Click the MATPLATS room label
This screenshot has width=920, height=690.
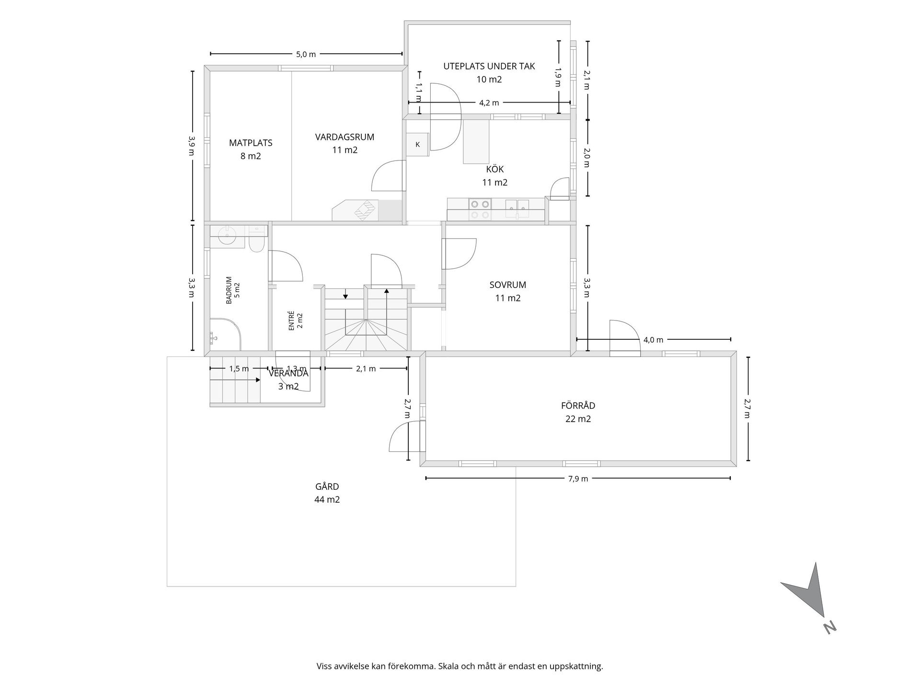point(251,143)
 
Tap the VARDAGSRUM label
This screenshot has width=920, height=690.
point(345,137)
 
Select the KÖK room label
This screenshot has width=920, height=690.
point(495,169)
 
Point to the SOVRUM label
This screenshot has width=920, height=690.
point(508,285)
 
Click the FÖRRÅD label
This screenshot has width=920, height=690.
point(578,405)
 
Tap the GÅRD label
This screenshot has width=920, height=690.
point(327,486)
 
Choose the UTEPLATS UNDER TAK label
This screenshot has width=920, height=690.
point(489,67)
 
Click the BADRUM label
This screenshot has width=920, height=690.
point(229,290)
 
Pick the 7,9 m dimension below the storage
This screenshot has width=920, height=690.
point(578,478)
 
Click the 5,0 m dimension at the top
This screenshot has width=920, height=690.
point(306,54)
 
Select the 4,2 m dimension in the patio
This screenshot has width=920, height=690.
point(489,103)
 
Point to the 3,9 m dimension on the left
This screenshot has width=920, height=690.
point(192,145)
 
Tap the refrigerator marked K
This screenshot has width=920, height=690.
point(417,144)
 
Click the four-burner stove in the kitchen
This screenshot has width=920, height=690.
point(481,209)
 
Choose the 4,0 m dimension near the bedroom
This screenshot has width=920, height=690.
point(654,340)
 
